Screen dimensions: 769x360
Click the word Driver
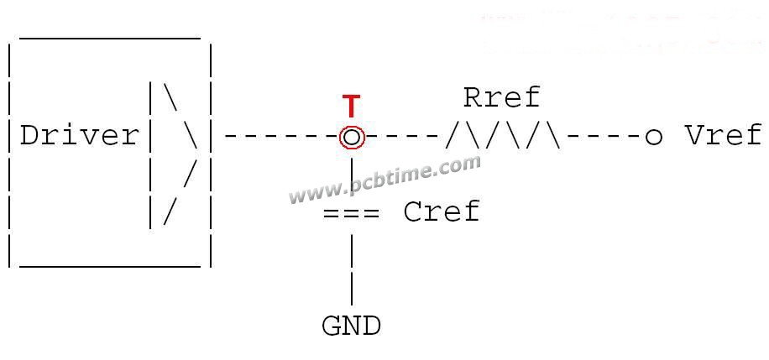[80, 135]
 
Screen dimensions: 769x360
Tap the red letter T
[351, 107]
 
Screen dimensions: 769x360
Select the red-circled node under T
[352, 138]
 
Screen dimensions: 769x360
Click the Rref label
[501, 97]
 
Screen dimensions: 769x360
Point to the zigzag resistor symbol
[503, 136]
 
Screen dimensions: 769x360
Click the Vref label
[724, 135]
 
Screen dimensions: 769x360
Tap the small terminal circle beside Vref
[653, 138]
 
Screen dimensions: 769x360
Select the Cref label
[442, 211]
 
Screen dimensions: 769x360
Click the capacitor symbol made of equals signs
[351, 213]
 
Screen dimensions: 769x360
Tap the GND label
[351, 326]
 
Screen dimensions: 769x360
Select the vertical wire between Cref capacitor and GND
[352, 269]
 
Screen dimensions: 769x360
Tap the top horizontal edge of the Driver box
[110, 38]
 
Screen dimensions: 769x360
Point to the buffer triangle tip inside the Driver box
[197, 147]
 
